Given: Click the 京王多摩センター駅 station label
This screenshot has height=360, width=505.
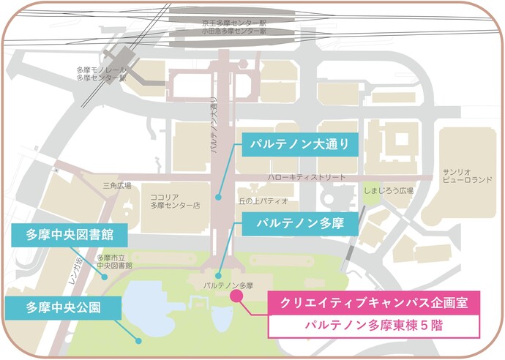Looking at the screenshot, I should click(234, 24).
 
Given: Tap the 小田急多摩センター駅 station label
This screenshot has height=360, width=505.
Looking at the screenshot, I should click(234, 32).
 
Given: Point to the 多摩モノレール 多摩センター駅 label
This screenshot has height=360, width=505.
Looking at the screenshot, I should click(101, 74).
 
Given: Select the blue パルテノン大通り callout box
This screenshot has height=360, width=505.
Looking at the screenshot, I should click(300, 144).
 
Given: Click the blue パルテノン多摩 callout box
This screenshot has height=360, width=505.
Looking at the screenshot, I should click(300, 221).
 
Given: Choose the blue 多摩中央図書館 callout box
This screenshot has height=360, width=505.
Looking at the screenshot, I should click(70, 236).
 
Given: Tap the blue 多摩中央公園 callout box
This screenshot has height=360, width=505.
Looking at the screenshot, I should click(64, 307).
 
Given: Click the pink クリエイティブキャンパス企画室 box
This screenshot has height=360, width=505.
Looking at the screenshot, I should click(373, 301).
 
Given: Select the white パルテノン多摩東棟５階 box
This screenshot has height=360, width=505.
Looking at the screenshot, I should click(373, 325).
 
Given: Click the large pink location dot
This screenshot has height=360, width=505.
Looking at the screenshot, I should click(236, 296).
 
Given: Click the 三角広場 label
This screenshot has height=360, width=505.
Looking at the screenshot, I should click(116, 186).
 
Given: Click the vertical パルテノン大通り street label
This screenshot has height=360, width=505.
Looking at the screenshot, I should click(214, 124).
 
